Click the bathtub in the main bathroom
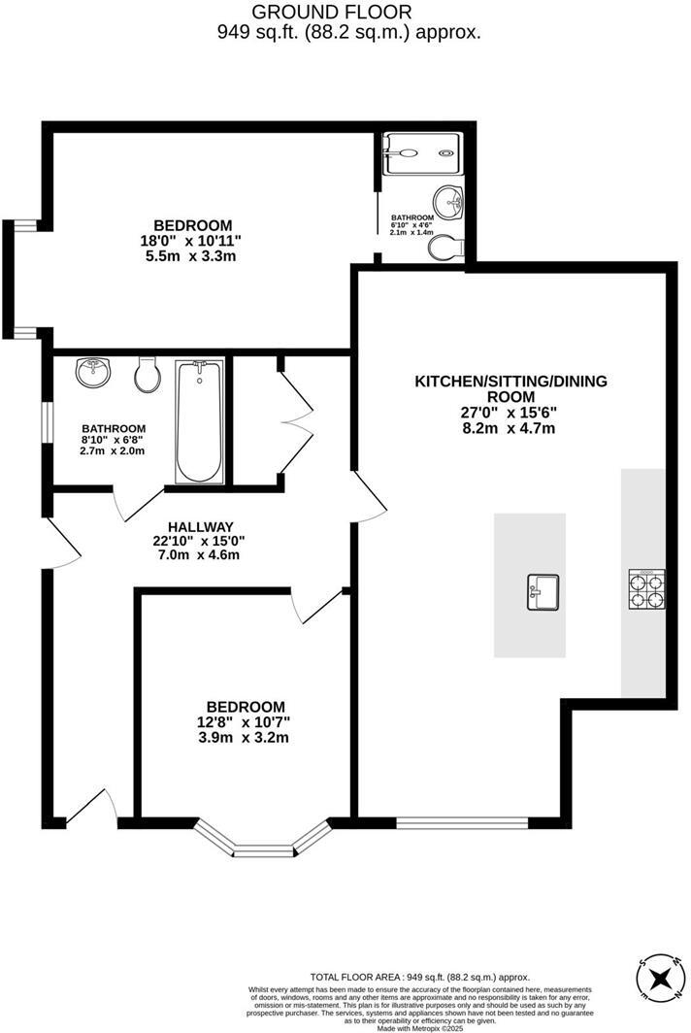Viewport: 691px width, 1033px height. (199, 422)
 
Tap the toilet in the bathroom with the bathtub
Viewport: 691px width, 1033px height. (148, 374)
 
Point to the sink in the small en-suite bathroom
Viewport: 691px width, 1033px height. (449, 203)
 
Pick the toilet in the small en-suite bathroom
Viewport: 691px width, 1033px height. (444, 249)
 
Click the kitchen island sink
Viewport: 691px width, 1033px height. (543, 591)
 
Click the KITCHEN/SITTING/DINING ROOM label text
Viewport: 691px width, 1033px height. (510, 388)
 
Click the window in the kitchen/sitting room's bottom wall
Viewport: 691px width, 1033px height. (463, 823)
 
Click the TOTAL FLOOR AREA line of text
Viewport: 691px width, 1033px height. (420, 977)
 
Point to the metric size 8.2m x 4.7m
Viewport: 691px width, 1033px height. (509, 428)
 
